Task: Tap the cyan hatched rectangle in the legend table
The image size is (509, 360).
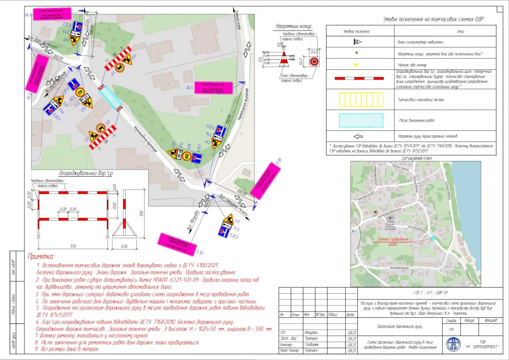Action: (x=361, y=120)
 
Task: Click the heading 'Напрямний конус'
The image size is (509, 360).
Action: (x=294, y=26)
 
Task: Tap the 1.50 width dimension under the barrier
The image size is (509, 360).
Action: (x=74, y=246)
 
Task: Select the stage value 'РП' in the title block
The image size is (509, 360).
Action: (x=450, y=329)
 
